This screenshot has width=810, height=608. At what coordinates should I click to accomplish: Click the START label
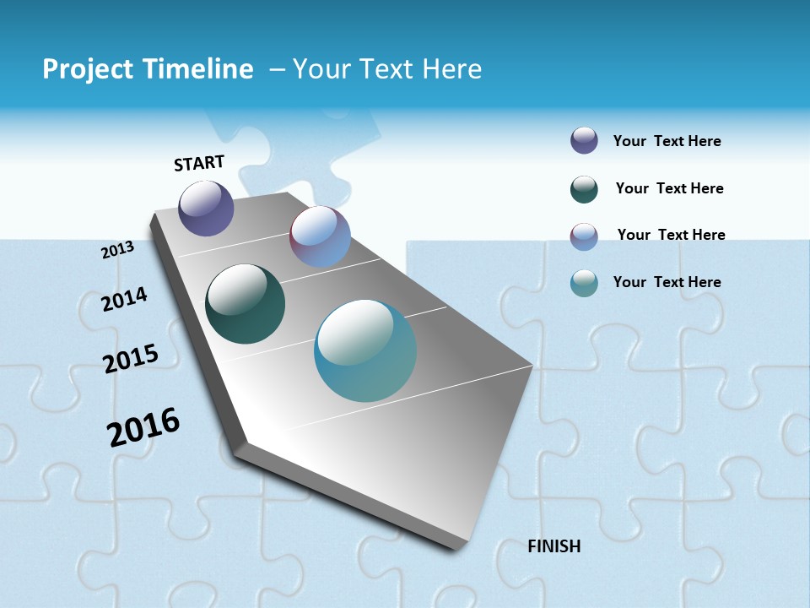199,162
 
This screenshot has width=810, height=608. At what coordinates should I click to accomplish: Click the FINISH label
553,546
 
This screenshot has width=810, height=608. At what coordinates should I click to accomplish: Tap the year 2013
117,250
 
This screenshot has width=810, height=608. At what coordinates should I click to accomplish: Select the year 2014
124,299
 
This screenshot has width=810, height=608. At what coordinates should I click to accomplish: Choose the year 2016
143,427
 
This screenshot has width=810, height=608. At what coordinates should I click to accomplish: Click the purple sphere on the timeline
206,208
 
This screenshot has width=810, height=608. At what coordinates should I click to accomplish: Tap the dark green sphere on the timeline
245,304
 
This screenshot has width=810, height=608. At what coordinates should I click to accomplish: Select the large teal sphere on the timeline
365,350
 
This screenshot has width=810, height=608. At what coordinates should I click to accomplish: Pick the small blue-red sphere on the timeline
320,236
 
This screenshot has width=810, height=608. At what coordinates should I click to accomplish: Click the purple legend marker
584,141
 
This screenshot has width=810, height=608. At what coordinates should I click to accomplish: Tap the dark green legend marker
584,189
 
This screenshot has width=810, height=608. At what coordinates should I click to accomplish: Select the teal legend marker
584,283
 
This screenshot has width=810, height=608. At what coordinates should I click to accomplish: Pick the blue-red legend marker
584,236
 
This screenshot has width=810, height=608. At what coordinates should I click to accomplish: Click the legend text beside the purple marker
667,141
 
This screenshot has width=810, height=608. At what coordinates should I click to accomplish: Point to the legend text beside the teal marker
667,282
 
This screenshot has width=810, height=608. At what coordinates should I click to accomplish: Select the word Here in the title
451,69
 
